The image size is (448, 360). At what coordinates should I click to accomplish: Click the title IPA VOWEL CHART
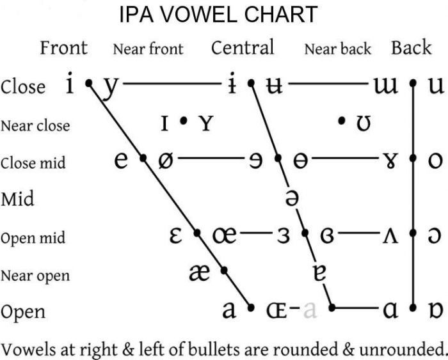(218, 14)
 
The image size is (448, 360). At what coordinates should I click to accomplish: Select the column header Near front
(148, 49)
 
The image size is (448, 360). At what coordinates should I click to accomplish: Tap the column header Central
(243, 47)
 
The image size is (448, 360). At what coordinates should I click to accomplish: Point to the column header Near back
(337, 49)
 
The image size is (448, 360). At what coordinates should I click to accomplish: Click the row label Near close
(35, 125)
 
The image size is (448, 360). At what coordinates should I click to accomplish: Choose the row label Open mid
(33, 238)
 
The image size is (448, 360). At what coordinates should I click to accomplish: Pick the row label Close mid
(33, 162)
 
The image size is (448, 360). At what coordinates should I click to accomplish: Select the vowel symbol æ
(200, 272)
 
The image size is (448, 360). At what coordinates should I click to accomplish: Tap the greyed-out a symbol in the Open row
(310, 310)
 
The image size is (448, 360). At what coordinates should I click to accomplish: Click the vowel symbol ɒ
(436, 310)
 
